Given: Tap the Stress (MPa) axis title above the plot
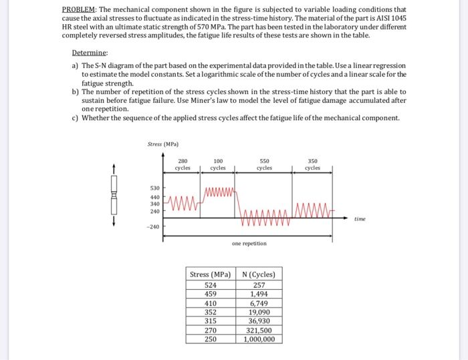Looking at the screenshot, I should click(x=163, y=143).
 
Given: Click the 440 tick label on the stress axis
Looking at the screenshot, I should click(x=154, y=197).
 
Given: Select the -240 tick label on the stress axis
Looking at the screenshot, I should click(x=153, y=226).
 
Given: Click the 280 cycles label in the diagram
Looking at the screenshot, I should click(x=183, y=164).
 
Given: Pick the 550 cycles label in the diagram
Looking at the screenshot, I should click(x=264, y=164).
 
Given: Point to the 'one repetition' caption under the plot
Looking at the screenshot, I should click(x=249, y=244).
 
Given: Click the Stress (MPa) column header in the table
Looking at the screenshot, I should click(x=211, y=275).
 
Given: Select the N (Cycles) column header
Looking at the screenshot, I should click(x=259, y=275).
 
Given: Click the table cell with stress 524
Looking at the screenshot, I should click(x=211, y=285).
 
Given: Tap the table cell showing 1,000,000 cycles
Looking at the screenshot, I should click(x=259, y=339).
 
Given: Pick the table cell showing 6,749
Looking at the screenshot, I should click(x=259, y=303).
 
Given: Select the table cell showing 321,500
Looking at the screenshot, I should click(x=259, y=329).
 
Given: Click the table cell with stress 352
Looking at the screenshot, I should click(x=211, y=311).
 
